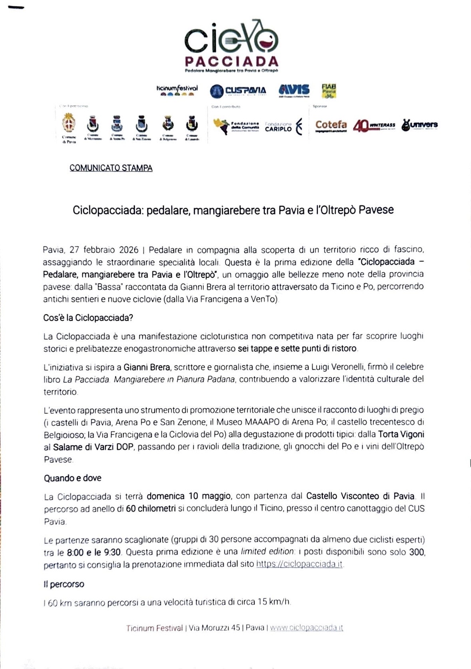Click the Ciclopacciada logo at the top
point(231,46)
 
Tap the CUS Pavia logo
point(238,91)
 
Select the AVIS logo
point(294,90)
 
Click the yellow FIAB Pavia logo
point(329,91)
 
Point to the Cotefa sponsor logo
point(331,125)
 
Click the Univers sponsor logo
point(419,125)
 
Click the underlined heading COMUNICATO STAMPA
point(111,168)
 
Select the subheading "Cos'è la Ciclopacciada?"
point(88,318)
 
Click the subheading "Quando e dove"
point(73,478)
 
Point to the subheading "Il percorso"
point(64,584)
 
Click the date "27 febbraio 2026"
point(104,250)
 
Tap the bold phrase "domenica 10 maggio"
point(189,496)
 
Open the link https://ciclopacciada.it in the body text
point(299,564)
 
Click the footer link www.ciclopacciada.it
point(306,628)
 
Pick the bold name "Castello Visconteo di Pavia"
point(360,496)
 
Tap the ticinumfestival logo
point(177,90)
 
